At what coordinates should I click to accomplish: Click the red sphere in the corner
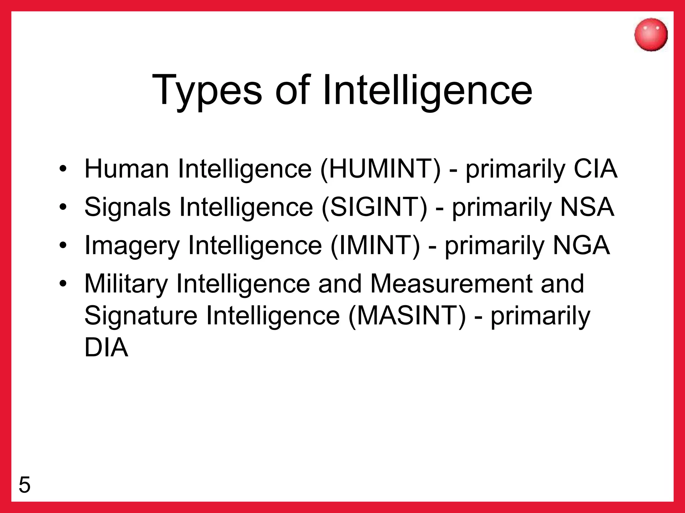[651, 35]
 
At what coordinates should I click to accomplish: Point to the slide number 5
[24, 485]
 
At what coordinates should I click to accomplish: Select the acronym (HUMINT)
[380, 169]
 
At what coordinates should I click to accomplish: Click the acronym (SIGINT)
[374, 207]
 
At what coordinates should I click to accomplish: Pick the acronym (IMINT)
[375, 246]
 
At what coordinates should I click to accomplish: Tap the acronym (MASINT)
[407, 316]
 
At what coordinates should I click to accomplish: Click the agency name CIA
[595, 169]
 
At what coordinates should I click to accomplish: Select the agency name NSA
[587, 207]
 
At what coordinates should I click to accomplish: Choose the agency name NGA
[581, 246]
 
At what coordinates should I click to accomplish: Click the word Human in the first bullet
[127, 169]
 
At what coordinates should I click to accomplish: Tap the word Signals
[127, 207]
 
